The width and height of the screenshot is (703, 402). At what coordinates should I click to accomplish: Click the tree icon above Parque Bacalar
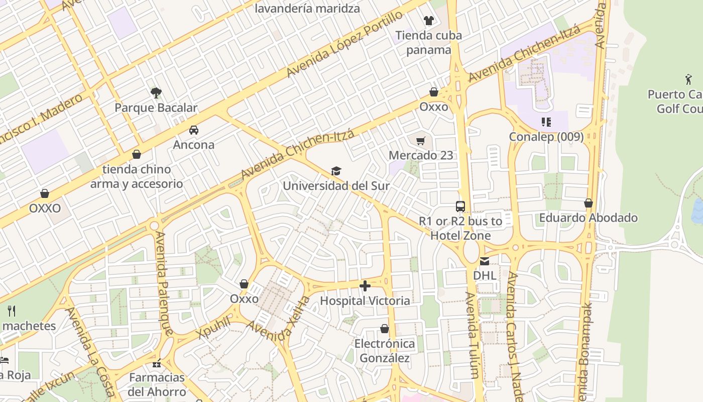coord(156,92)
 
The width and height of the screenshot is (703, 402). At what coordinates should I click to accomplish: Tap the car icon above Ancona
coord(194,130)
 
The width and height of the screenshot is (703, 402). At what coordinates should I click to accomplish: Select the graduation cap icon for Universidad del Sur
coord(336,171)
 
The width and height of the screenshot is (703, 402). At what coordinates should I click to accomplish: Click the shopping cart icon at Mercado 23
coord(421,141)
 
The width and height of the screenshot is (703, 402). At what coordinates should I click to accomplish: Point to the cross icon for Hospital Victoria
coord(365,286)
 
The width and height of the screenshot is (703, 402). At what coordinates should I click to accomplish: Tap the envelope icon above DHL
coord(485,261)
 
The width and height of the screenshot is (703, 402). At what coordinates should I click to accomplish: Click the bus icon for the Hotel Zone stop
coord(460,206)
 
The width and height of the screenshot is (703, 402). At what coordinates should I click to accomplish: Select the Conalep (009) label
coord(546,137)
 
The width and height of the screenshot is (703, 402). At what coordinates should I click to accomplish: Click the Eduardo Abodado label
coord(588,218)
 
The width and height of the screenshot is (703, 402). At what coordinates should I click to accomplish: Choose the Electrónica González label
coord(385,351)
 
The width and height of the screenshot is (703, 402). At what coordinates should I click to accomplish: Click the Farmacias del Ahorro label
coord(157,384)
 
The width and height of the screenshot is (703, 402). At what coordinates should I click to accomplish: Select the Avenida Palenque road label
coord(164,283)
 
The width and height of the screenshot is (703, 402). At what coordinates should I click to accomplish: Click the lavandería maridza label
coord(307,9)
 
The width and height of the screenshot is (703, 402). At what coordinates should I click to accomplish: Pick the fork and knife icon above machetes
coord(12,311)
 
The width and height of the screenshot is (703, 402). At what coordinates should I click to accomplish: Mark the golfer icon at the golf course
coord(688,79)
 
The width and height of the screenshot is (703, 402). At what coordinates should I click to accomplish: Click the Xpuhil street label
coord(214,328)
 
